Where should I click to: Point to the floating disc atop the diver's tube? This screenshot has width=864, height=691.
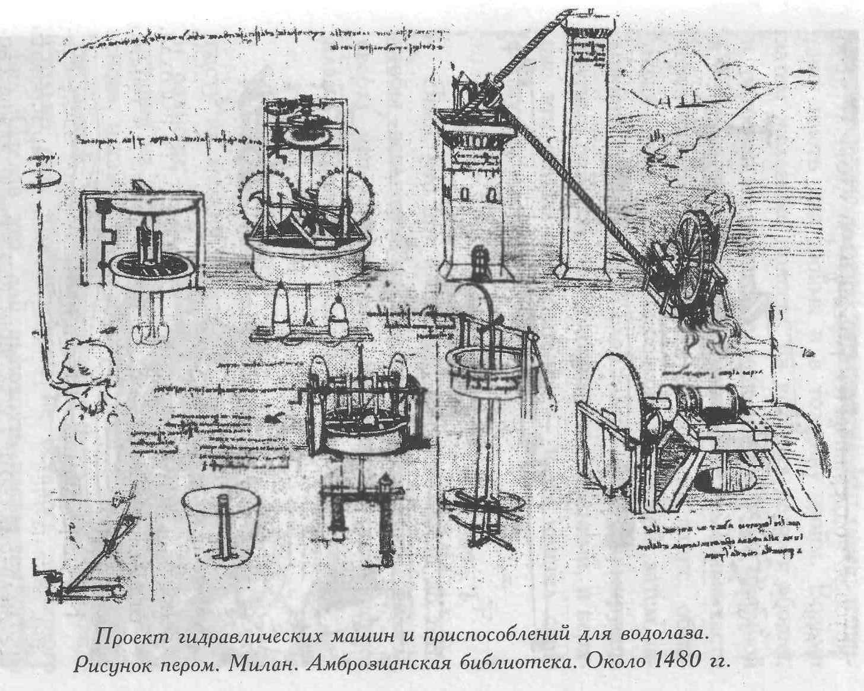(40, 178)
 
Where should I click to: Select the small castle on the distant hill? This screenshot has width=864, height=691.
(682, 98)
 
